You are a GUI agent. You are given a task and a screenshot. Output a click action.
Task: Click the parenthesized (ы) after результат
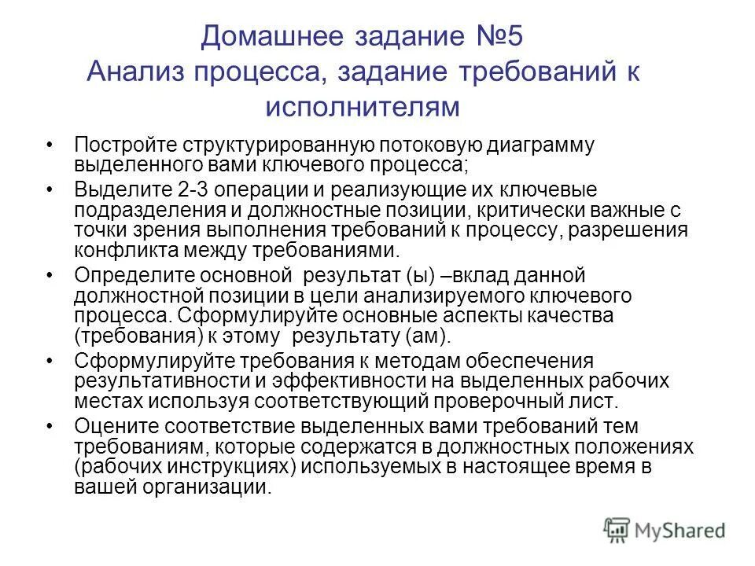coord(425,276)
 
